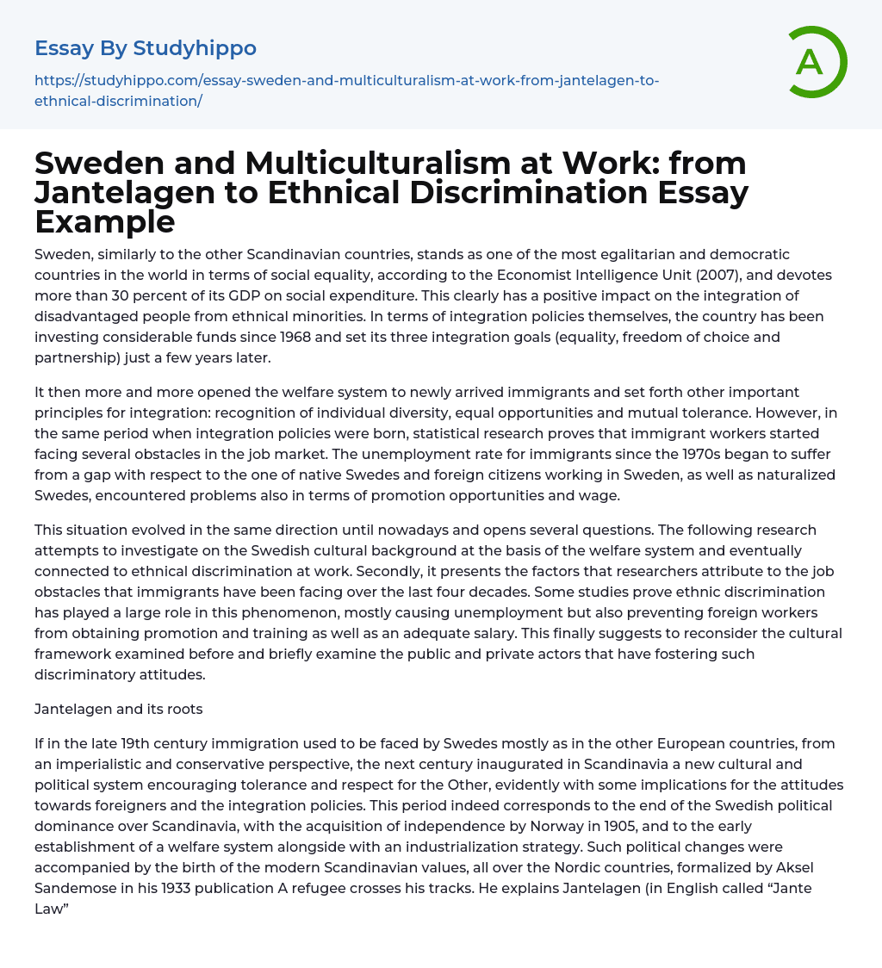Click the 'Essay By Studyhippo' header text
[146, 48]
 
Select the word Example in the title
[104, 222]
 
